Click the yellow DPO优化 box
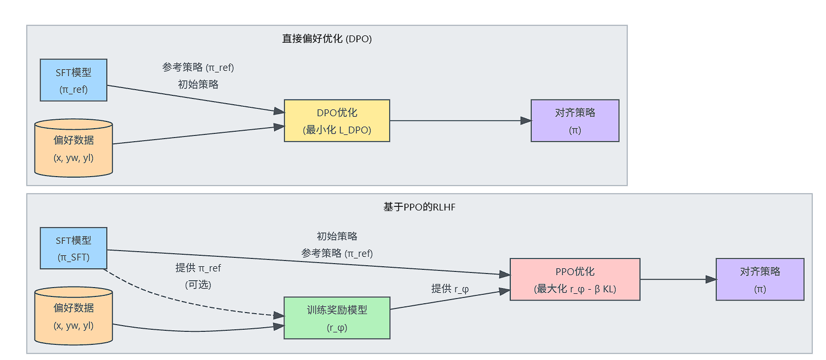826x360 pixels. click(x=337, y=120)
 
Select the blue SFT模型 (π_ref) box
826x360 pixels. click(x=73, y=80)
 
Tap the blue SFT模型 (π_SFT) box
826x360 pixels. click(x=73, y=248)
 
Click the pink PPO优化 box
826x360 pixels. click(x=575, y=279)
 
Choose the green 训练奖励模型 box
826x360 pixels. click(x=337, y=318)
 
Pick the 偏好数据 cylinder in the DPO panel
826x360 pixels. click(x=73, y=148)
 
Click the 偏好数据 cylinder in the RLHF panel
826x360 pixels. click(x=73, y=316)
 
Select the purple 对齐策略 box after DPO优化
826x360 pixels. click(x=575, y=120)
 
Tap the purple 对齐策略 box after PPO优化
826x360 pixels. click(x=760, y=279)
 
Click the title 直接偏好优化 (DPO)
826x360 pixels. click(x=327, y=39)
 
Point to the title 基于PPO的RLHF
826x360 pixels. click(x=420, y=207)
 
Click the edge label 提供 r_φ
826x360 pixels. click(x=450, y=289)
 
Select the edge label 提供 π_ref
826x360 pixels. click(x=198, y=268)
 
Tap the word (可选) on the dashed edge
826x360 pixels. click(x=198, y=284)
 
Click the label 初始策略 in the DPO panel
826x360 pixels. click(x=198, y=84)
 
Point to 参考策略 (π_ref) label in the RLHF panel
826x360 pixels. click(x=337, y=253)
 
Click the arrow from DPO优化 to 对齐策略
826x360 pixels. click(x=461, y=120)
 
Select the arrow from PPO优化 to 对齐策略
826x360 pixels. click(x=678, y=279)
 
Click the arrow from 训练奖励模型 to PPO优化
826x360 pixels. click(x=450, y=299)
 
